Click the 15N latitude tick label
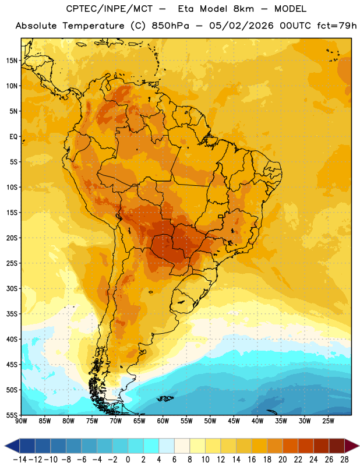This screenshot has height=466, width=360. coord(12,61)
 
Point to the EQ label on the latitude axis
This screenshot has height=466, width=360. coord(13,137)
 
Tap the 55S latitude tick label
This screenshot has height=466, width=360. coord(12,415)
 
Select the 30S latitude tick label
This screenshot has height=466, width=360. coord(12,288)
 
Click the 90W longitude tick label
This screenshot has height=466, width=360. coord(21,421)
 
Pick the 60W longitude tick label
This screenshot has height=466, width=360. coord(163,421)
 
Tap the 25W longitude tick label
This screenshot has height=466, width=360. coord(328,421)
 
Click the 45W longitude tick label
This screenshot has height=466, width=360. coord(234,421)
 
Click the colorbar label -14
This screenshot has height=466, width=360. coord(20,460)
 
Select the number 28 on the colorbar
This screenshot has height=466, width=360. coord(344,460)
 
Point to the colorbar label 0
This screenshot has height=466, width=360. coord(128,460)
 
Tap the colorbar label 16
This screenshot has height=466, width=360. coord(252,460)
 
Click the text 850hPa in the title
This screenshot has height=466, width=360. coord(170,26)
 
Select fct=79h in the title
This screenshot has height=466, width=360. coord(337,26)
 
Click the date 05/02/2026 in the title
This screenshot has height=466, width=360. coord(241,26)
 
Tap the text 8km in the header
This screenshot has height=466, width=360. coord(243,9)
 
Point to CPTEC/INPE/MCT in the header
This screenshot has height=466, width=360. coord(109,9)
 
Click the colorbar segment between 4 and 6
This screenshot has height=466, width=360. coord(167,446)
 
